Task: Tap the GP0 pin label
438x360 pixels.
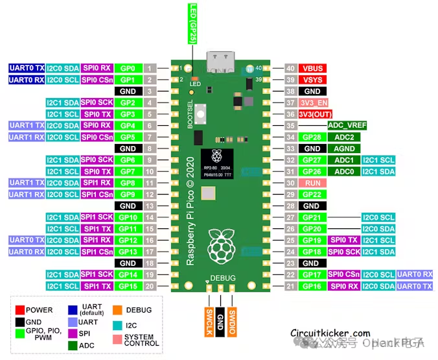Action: [x=128, y=68]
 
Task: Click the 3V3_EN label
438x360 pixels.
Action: [x=314, y=103]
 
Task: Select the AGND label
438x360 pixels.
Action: [x=344, y=149]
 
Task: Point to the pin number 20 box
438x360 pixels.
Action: [x=150, y=286]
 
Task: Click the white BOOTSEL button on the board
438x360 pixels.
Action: [x=201, y=114]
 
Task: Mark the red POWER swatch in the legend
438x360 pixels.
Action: [x=20, y=310]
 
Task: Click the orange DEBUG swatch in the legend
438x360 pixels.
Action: [x=117, y=310]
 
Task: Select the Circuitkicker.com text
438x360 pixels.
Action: [x=330, y=333]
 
